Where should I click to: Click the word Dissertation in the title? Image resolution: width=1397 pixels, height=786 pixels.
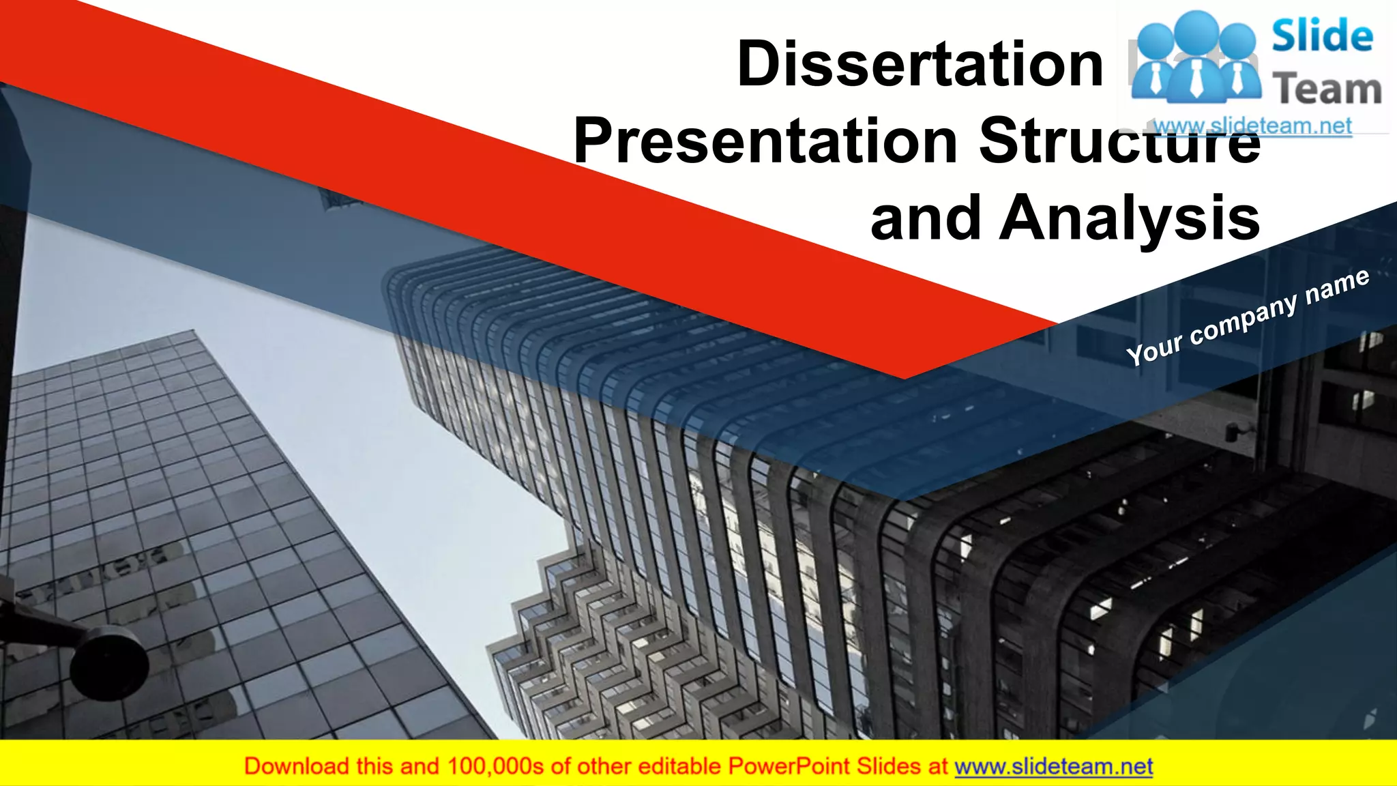(x=920, y=64)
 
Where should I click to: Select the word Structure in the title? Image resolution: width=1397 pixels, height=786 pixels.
(x=1119, y=141)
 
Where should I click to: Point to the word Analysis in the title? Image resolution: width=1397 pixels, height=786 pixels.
(x=1129, y=218)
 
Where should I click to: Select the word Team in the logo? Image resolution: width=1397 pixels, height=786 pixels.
(x=1327, y=90)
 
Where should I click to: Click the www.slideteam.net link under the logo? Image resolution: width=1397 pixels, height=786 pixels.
(x=1252, y=126)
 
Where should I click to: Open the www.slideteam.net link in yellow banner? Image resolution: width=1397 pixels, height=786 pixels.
(x=1053, y=766)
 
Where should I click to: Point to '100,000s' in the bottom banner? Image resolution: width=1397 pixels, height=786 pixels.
(x=495, y=766)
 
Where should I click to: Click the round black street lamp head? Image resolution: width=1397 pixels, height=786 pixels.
(x=109, y=663)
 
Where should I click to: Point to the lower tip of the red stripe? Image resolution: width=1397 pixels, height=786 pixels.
(x=905, y=377)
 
